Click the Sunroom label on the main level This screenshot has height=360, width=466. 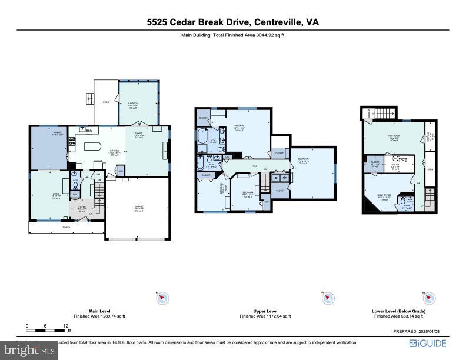tap(132, 106)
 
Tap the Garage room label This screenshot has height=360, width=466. tap(140, 207)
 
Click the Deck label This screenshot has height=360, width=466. tap(106, 102)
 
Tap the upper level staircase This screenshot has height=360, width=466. tap(266, 185)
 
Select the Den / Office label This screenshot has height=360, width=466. tap(384, 198)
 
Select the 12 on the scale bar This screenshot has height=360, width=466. tap(65, 325)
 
